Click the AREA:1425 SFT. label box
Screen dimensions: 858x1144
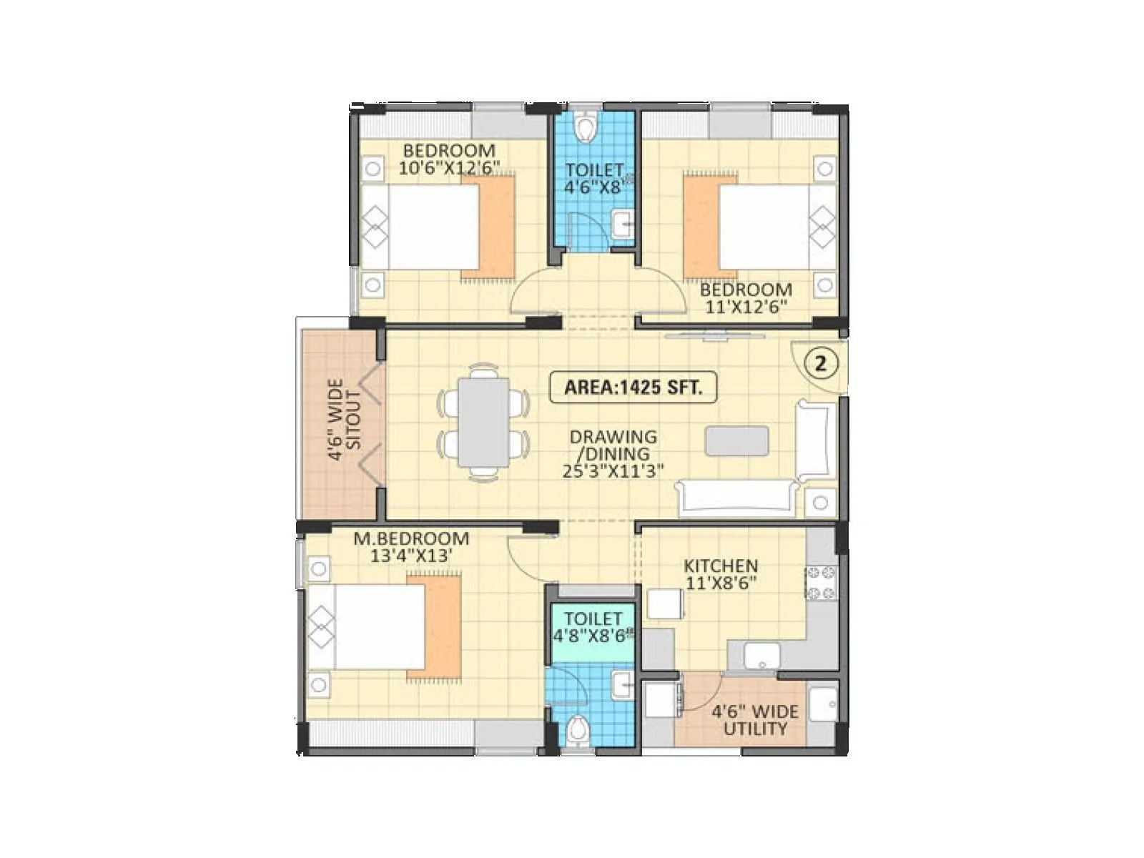(633, 388)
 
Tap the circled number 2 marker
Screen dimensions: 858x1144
(821, 363)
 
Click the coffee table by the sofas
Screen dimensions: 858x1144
(737, 440)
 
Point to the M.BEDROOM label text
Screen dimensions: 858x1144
(411, 538)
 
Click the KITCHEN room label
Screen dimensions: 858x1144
(721, 566)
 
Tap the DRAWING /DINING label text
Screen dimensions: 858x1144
(613, 445)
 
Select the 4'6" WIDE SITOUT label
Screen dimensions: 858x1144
(345, 420)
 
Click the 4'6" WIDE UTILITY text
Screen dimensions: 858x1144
(755, 721)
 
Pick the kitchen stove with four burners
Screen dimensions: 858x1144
(822, 582)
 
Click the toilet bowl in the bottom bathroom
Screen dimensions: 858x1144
(576, 731)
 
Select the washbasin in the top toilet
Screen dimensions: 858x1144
(622, 225)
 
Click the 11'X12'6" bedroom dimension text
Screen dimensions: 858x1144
(746, 307)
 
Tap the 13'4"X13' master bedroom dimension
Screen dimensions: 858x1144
(411, 556)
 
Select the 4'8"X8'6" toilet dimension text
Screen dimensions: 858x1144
(593, 635)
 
